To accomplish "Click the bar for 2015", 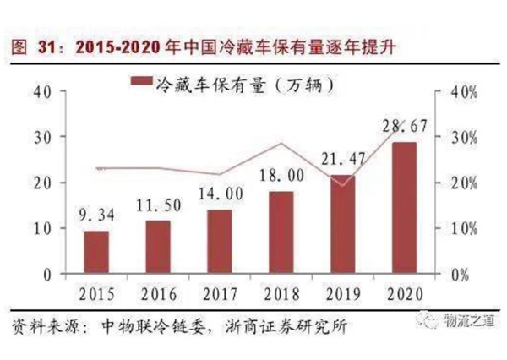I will click(x=95, y=253).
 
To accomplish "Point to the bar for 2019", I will click(x=342, y=225).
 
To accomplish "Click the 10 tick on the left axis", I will click(x=42, y=228).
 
